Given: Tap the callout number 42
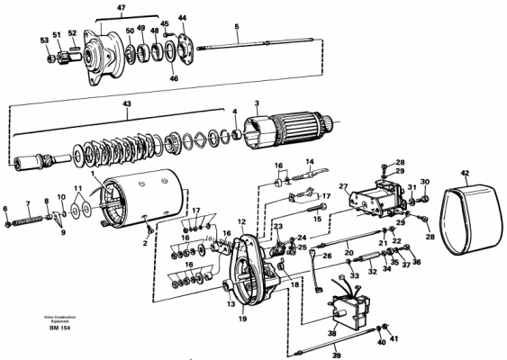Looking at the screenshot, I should [x=465, y=172].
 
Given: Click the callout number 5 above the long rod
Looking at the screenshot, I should [x=237, y=27].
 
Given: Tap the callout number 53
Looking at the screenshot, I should [x=43, y=40].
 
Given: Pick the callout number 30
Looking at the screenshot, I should [x=424, y=182].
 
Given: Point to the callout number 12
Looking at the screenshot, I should [x=241, y=221].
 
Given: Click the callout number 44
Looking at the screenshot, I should [x=182, y=18].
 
